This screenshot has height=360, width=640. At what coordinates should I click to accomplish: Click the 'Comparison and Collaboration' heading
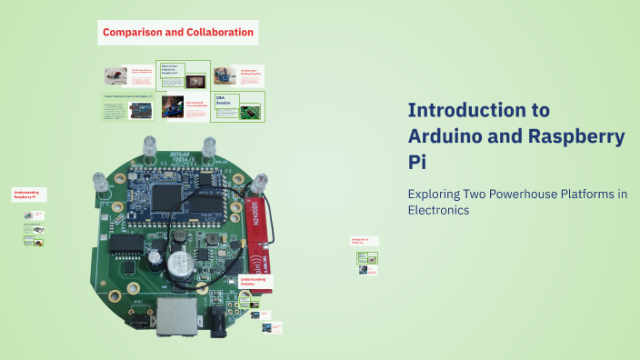pyautogui.click(x=177, y=33)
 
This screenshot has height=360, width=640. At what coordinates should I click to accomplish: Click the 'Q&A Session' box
pyautogui.click(x=225, y=99)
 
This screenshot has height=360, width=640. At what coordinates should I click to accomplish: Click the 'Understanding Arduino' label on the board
pyautogui.click(x=254, y=282)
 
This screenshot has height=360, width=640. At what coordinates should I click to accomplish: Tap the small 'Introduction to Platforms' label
pyautogui.click(x=363, y=241)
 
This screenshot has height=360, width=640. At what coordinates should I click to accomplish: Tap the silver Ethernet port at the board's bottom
pyautogui.click(x=170, y=313)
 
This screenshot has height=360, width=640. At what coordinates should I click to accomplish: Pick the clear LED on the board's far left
pyautogui.click(x=100, y=185)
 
